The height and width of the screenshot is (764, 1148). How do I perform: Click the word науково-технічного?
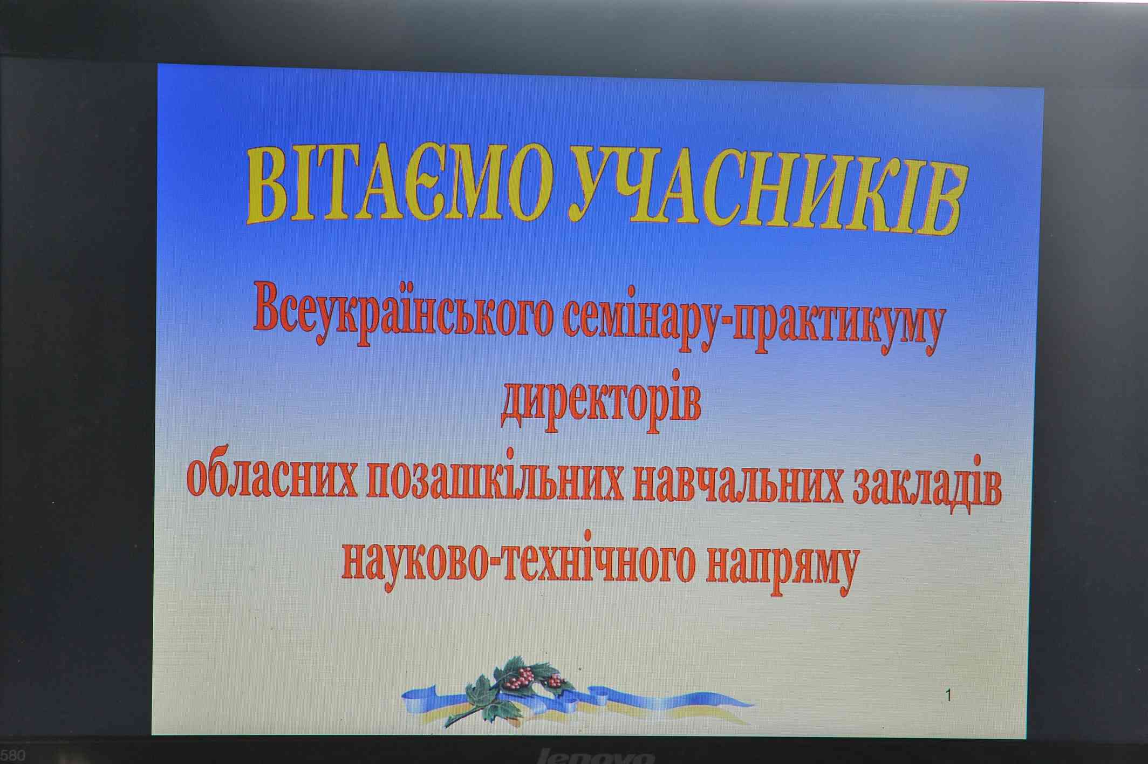(x=517, y=562)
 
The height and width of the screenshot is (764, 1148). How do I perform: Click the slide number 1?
(x=949, y=696)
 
